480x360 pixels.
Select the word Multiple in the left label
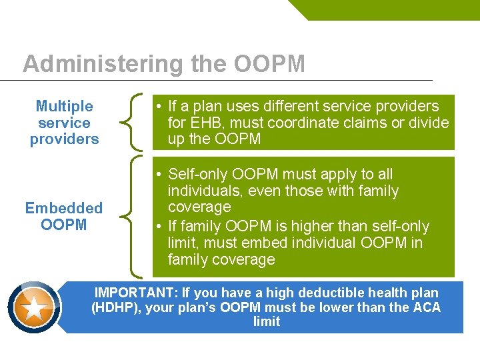tap(64, 106)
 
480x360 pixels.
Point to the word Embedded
tap(64, 208)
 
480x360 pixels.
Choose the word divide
tap(429, 123)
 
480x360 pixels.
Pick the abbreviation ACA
tap(426, 307)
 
